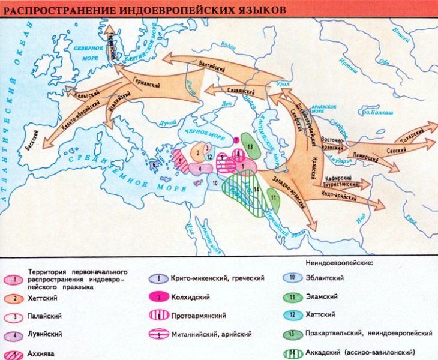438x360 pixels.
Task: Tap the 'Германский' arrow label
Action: tap(146, 86)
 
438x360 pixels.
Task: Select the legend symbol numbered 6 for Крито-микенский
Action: tap(158, 278)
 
